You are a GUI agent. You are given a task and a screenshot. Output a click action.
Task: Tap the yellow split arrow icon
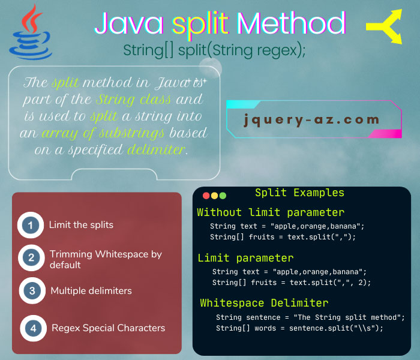385,27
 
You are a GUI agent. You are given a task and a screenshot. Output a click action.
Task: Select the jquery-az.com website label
312,119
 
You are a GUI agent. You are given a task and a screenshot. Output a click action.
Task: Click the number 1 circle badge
30,226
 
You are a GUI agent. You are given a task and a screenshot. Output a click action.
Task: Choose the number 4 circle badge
33,328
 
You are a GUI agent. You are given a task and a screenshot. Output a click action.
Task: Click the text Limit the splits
81,225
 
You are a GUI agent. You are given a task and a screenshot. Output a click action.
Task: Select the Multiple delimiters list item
91,291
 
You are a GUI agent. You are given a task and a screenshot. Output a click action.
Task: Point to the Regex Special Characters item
108,328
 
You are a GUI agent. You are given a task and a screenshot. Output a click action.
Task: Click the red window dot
206,196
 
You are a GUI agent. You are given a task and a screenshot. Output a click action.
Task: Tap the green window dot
223,196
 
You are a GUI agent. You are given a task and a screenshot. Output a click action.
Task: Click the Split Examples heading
299,193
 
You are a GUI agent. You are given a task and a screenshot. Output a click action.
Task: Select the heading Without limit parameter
271,212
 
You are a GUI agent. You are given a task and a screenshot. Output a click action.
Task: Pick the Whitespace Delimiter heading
264,303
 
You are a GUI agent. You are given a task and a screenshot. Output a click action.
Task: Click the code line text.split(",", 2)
291,282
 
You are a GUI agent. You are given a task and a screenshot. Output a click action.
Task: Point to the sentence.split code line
299,328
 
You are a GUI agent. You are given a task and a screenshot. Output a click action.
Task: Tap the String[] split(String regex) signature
215,50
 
